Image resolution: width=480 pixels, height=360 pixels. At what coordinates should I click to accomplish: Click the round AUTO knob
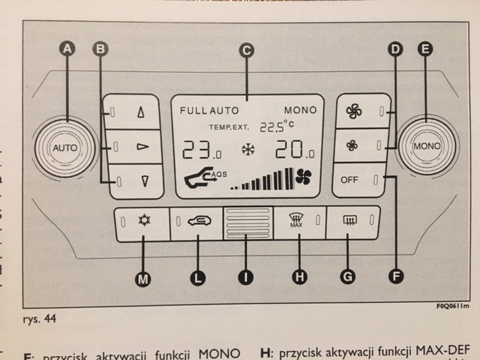click(64, 148)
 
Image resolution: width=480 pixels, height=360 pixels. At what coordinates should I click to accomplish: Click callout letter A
click(67, 49)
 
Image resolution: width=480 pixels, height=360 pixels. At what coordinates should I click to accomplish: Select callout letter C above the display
click(245, 51)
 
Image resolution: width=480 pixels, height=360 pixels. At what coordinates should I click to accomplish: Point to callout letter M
click(142, 278)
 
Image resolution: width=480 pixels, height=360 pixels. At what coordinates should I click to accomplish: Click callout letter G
click(347, 277)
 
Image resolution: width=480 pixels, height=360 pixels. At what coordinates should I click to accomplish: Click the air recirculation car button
click(196, 223)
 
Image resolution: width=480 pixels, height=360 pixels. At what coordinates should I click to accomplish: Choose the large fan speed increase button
click(353, 112)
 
